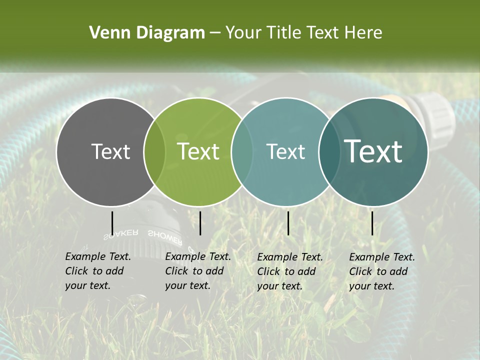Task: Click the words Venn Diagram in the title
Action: [147, 33]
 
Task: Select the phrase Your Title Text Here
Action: [303, 33]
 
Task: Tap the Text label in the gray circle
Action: [110, 151]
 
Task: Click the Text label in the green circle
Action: [198, 151]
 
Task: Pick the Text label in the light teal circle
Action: [285, 151]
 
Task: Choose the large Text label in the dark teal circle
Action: [373, 151]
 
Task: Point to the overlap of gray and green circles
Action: [154, 152]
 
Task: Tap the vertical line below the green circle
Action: [200, 223]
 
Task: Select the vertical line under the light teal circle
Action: [288, 223]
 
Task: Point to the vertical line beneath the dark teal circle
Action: [372, 223]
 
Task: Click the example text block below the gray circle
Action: [97, 271]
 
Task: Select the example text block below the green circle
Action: [197, 271]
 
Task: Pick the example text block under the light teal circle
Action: [289, 271]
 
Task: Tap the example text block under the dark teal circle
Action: [381, 271]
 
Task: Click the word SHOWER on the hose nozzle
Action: [164, 236]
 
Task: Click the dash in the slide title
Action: [215, 33]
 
